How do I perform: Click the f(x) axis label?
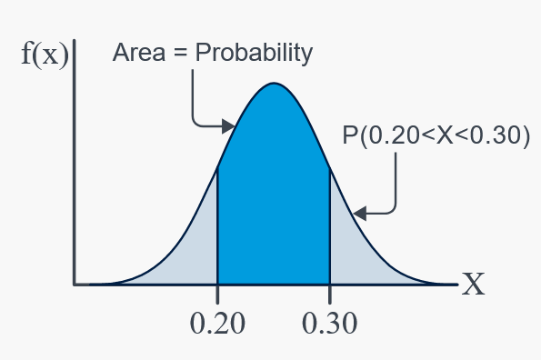click(x=45, y=55)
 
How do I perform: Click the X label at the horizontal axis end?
click(x=474, y=284)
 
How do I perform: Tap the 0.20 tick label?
click(x=217, y=323)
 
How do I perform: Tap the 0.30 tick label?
click(x=329, y=323)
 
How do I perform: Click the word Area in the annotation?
click(x=139, y=53)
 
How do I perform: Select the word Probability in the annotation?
click(x=254, y=53)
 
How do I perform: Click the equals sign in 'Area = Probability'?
click(x=180, y=54)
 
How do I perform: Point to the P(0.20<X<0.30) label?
click(x=436, y=135)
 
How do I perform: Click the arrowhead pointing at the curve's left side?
click(x=228, y=126)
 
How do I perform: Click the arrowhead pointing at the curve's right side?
click(x=360, y=214)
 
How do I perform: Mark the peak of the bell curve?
click(x=274, y=83)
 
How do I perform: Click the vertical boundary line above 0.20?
click(x=217, y=225)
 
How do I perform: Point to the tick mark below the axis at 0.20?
click(x=217, y=295)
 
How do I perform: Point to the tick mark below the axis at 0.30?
click(x=330, y=295)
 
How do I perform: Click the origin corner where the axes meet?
click(x=75, y=285)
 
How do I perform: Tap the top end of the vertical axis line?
click(x=75, y=40)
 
